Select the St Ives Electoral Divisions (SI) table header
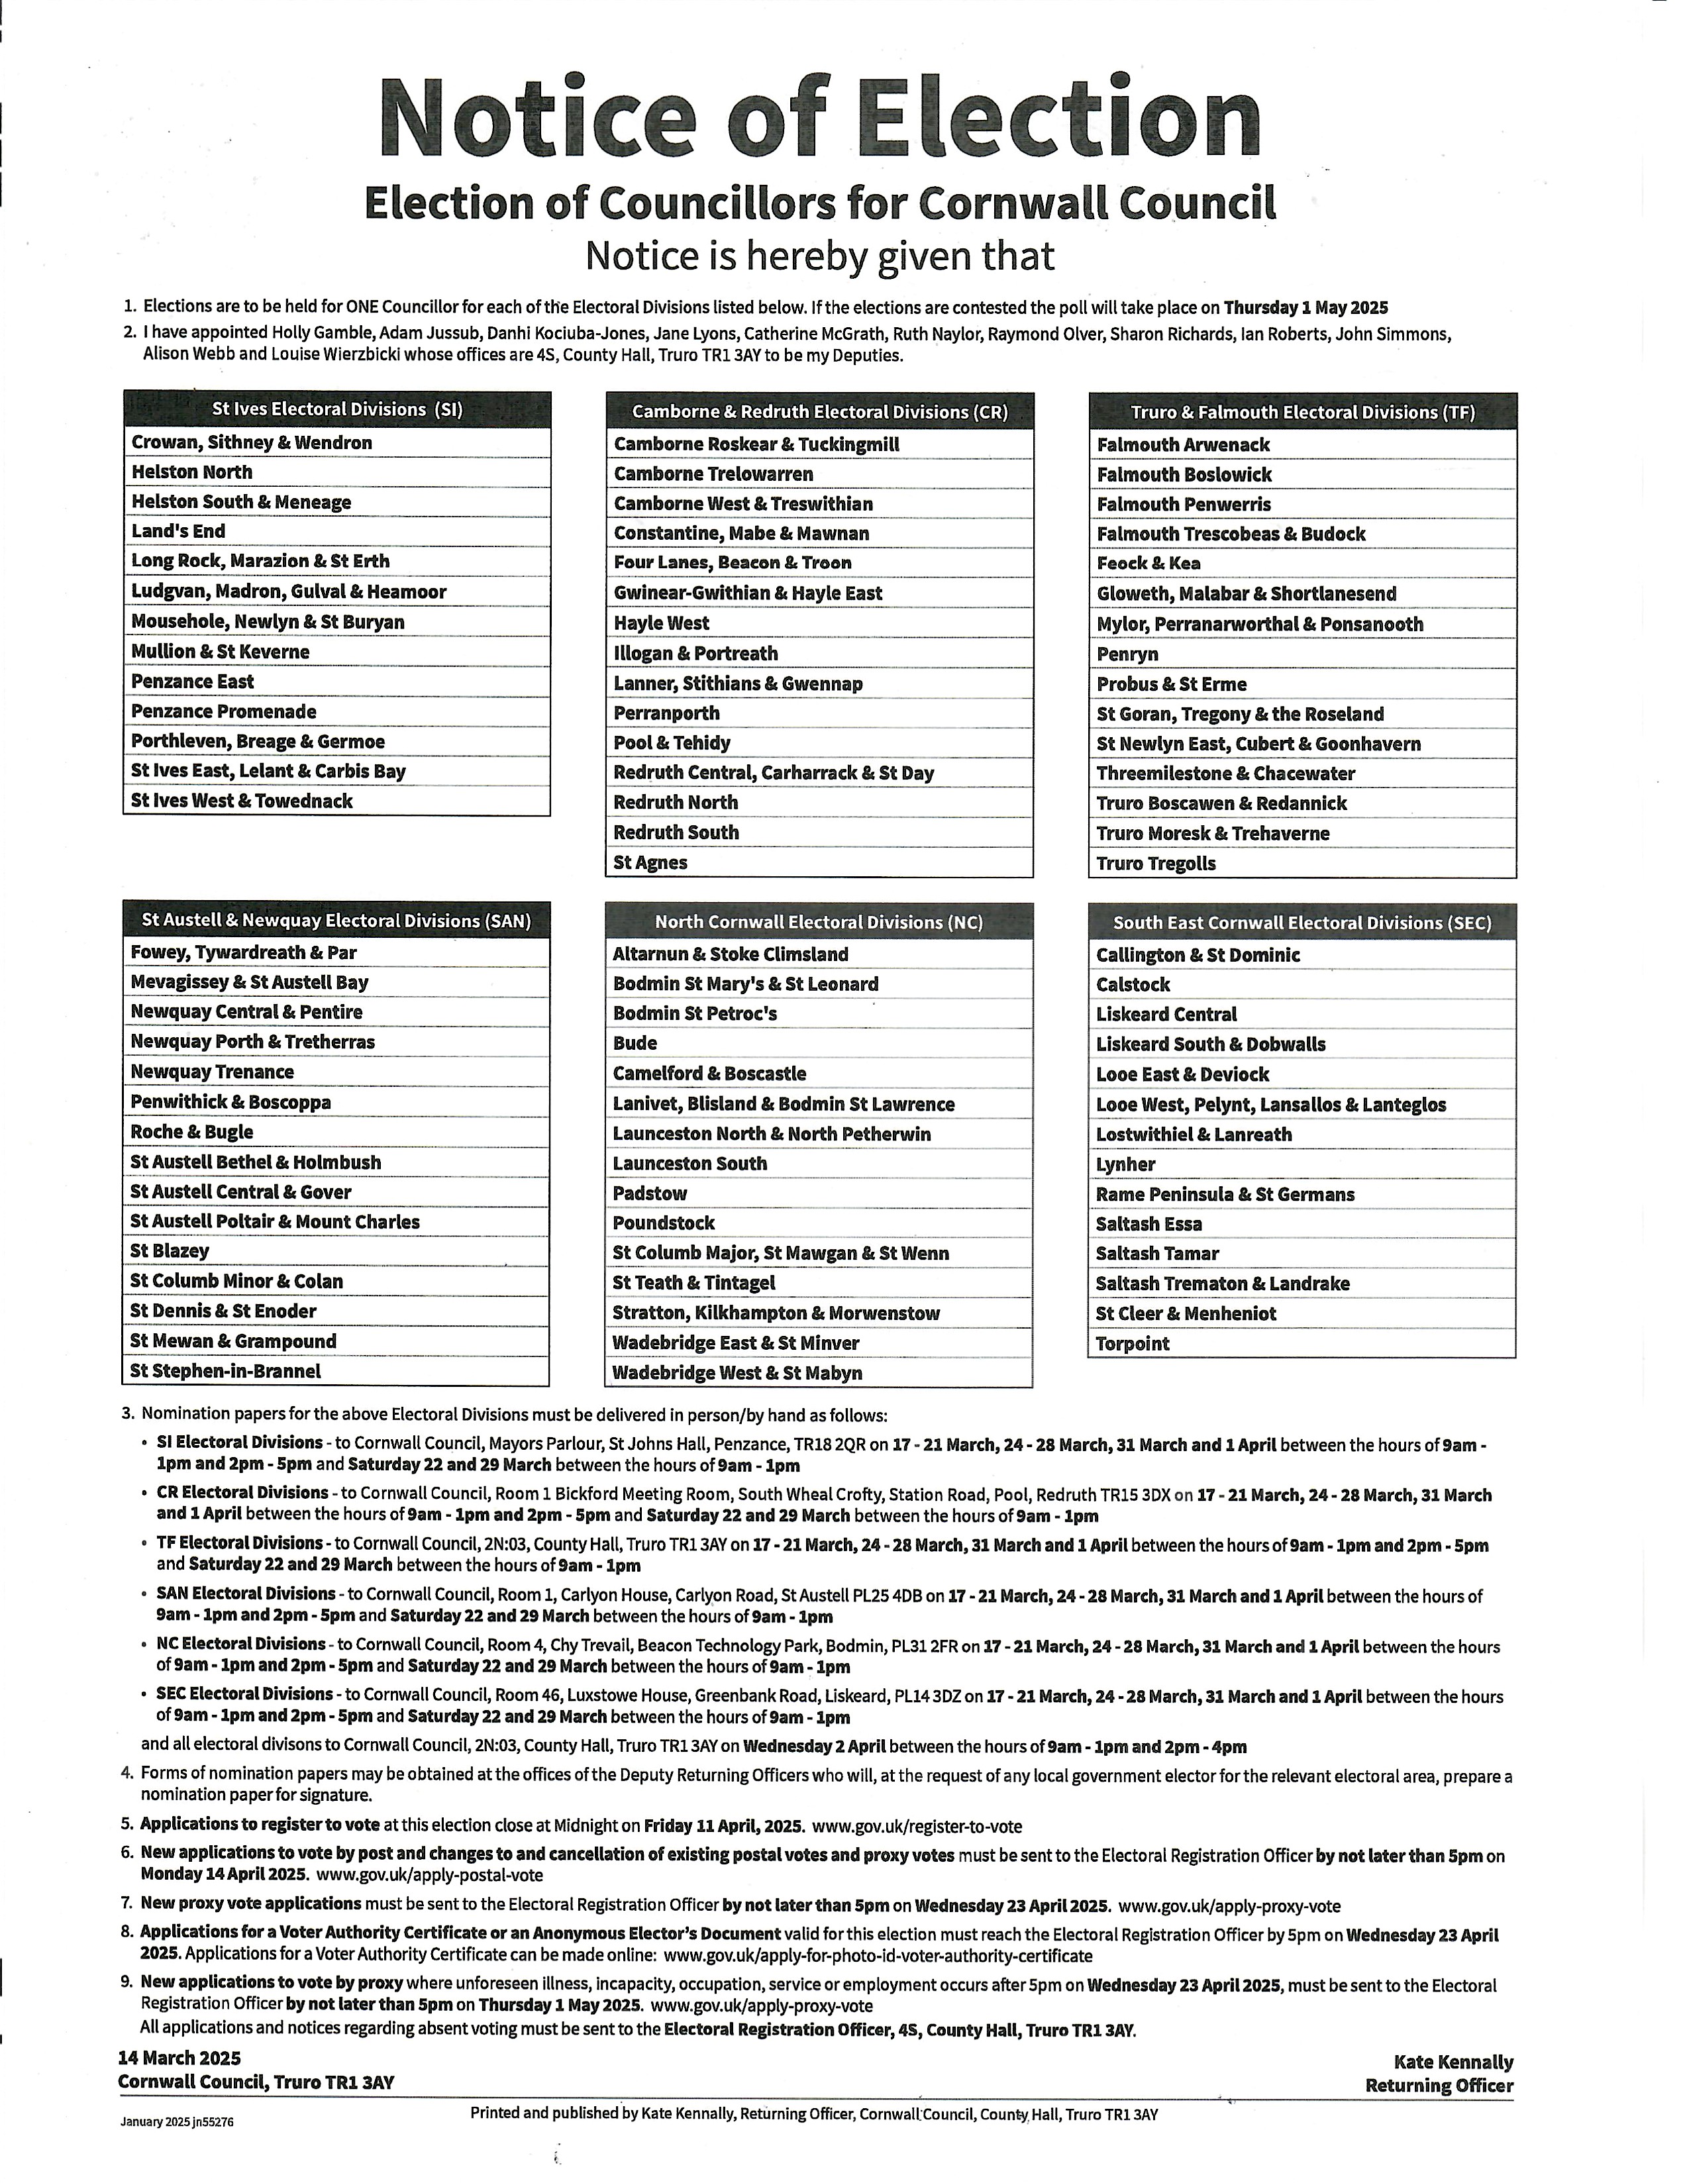point(336,409)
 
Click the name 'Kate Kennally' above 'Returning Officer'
point(1453,2062)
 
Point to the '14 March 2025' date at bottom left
point(179,2058)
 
